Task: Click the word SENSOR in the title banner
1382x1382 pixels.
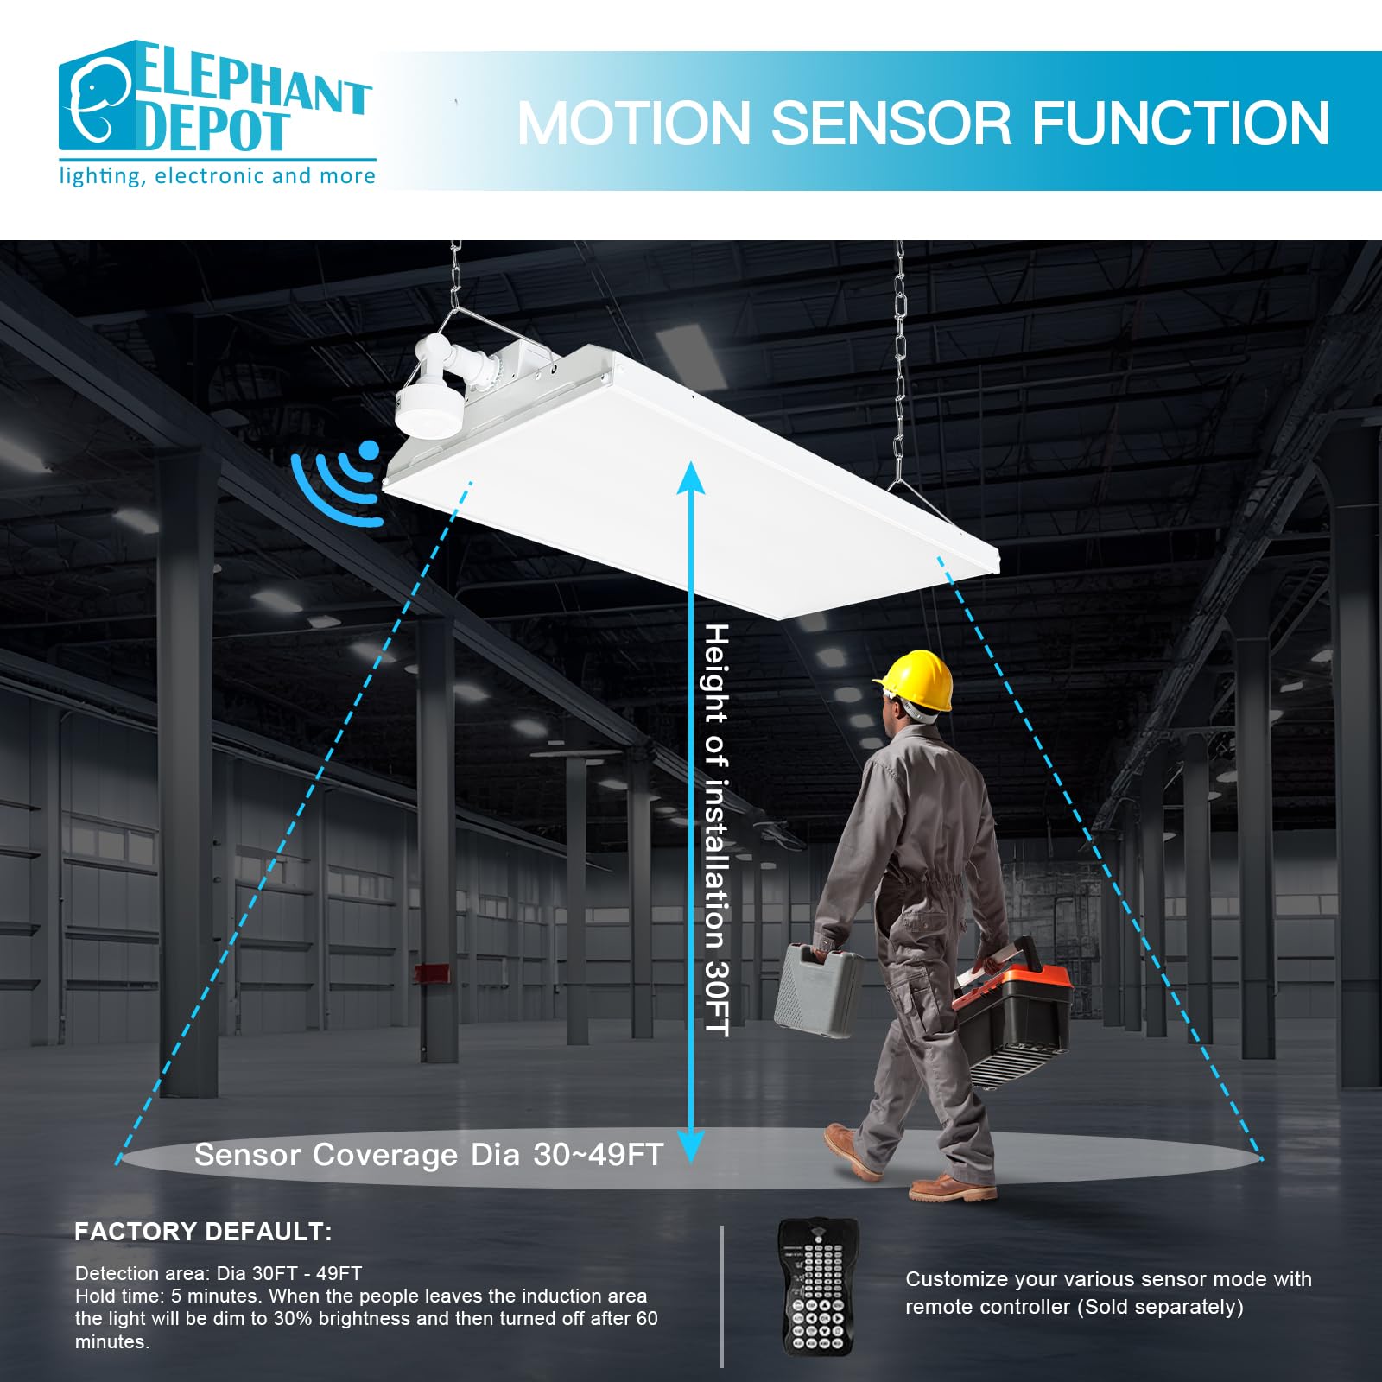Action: point(891,123)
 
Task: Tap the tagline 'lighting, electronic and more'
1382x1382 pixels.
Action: point(217,176)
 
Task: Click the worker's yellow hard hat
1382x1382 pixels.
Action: point(916,680)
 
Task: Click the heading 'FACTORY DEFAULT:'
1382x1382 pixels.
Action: point(203,1232)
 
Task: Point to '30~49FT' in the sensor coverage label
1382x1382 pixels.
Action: point(598,1155)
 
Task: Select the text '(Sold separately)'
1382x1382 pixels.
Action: point(1160,1307)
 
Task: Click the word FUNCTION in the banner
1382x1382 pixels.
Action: point(1181,123)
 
